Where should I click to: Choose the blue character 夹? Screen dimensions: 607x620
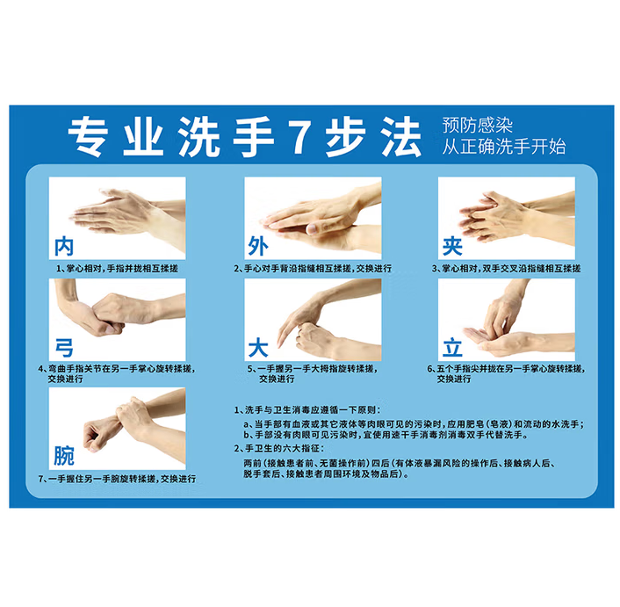[453, 244]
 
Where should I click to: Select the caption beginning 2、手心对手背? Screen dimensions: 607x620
[313, 268]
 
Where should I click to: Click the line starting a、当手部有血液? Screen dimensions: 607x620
[413, 423]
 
